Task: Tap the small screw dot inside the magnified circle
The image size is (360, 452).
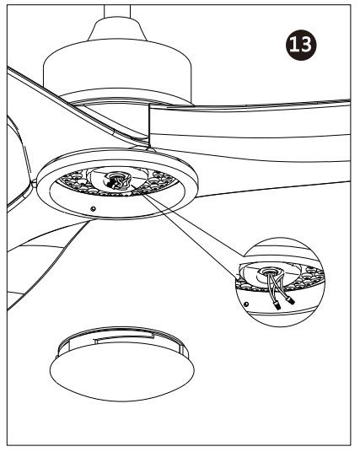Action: pyautogui.click(x=245, y=296)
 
